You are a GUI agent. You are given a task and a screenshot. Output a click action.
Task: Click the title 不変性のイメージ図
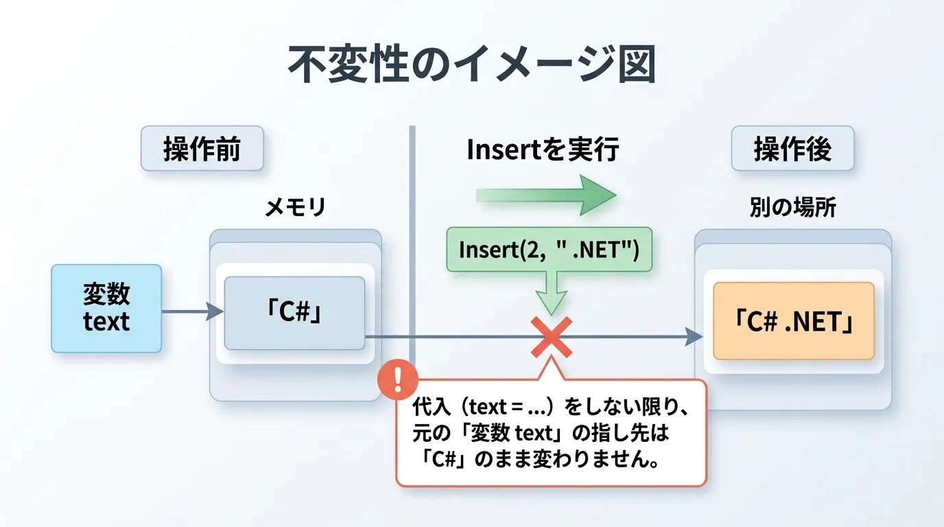click(x=471, y=65)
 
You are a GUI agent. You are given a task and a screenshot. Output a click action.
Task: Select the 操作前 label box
click(x=202, y=148)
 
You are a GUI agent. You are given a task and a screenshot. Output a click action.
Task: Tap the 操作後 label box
click(x=792, y=148)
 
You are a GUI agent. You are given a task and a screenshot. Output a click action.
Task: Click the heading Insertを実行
click(x=543, y=149)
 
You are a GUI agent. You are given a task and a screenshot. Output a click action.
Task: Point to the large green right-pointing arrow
click(x=547, y=195)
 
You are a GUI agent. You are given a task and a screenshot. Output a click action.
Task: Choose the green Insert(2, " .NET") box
click(x=549, y=249)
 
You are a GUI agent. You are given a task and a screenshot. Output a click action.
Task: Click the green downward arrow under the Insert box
click(x=551, y=293)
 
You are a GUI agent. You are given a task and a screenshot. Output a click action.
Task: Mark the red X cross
click(x=551, y=338)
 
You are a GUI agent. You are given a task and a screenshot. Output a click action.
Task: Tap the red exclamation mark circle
click(x=397, y=379)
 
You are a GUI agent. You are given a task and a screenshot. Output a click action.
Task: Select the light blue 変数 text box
click(x=106, y=309)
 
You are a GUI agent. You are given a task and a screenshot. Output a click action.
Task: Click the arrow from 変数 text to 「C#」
click(x=193, y=312)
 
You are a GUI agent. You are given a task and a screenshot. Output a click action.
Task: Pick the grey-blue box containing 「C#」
click(x=294, y=313)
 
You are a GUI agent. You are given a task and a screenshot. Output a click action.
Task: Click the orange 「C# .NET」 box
click(x=794, y=321)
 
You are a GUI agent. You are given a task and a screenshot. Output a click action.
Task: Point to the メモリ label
click(x=296, y=207)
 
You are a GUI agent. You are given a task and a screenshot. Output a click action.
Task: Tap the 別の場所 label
click(x=792, y=207)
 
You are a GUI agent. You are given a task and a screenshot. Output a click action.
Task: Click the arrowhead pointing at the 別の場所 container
click(x=694, y=337)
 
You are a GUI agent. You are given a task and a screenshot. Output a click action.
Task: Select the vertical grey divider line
click(x=412, y=244)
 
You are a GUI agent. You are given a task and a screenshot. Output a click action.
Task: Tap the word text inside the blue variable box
click(x=106, y=322)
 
